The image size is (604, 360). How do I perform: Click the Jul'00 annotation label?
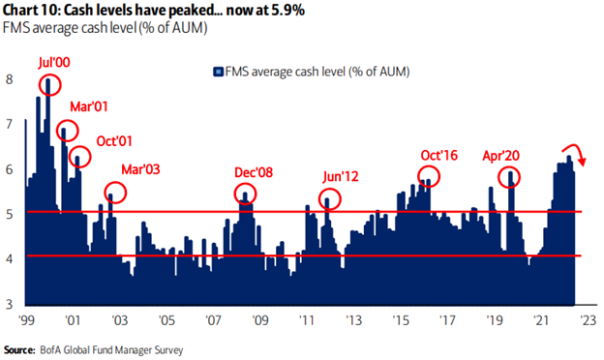point(56,62)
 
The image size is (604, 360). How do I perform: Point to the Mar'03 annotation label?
point(140,168)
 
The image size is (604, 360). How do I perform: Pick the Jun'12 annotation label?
point(343,177)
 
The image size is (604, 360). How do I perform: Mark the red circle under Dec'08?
point(245,194)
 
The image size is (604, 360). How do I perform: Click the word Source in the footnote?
point(20,348)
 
